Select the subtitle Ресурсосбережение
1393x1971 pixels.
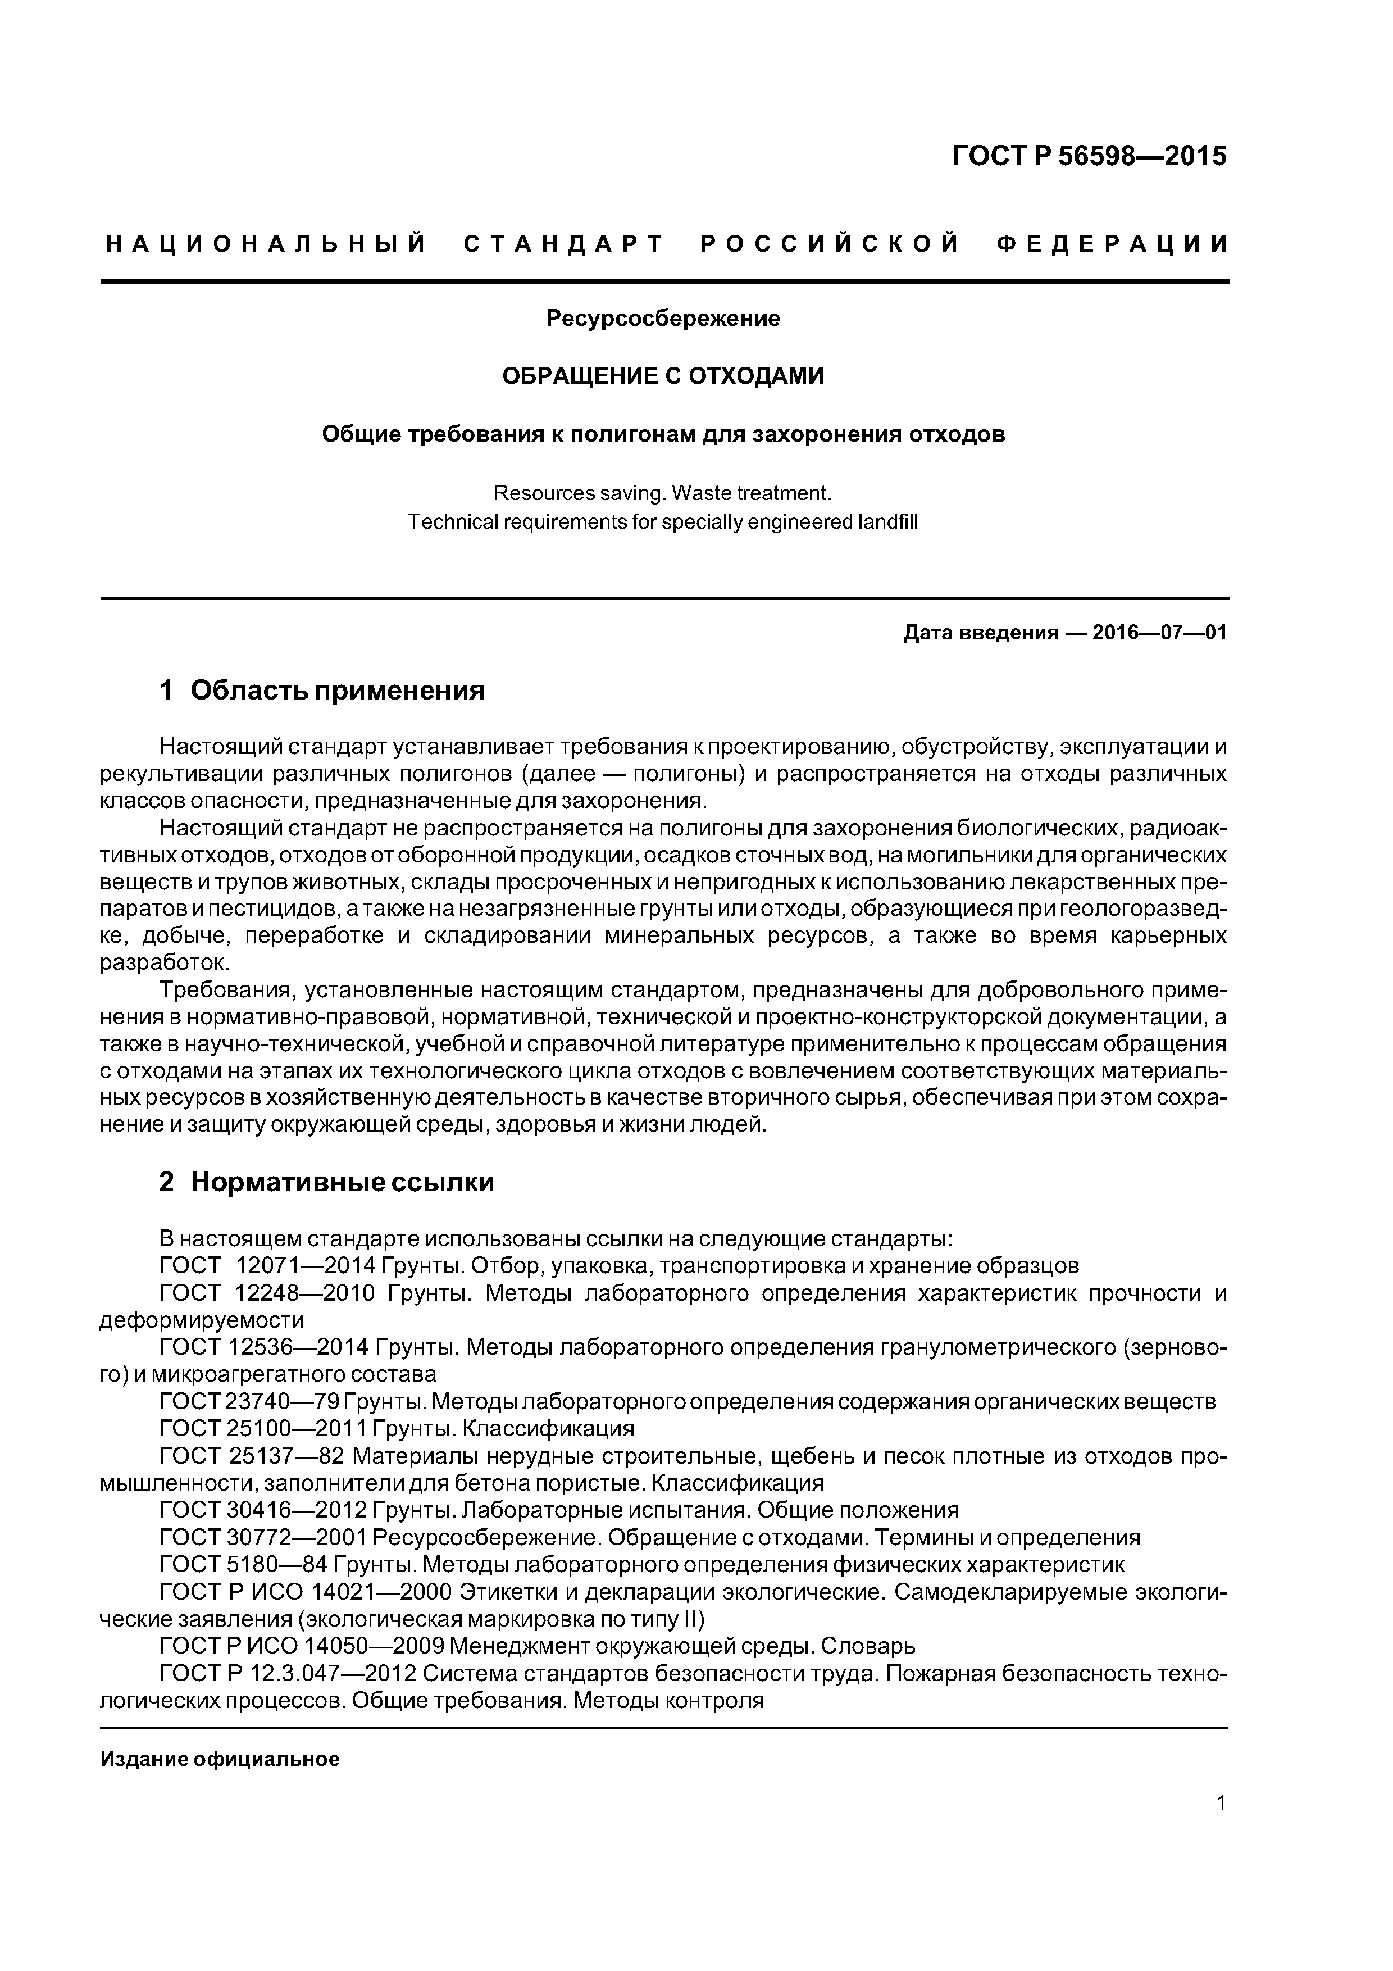[663, 319]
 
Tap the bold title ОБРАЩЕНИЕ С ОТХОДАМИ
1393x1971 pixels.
[663, 376]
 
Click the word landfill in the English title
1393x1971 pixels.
[889, 522]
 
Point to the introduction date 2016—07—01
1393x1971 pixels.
[1159, 634]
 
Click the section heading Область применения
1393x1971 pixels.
[338, 690]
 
